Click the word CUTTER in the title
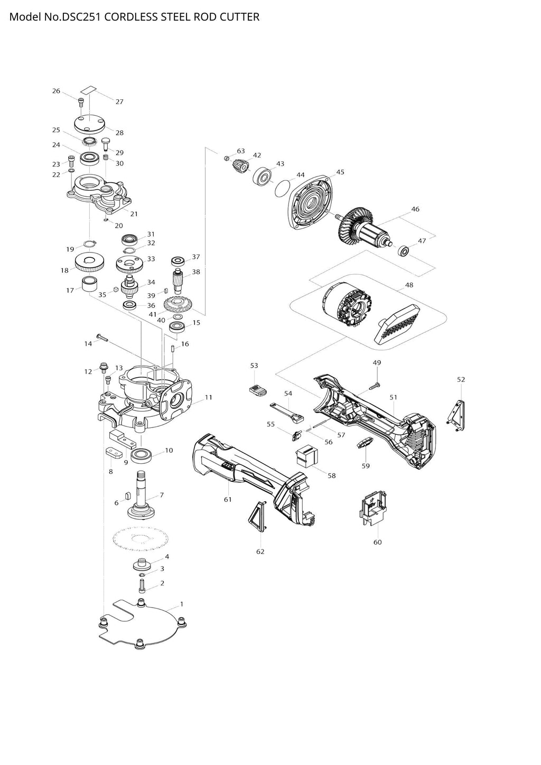coord(241,17)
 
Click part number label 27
coord(119,101)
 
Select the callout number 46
coord(415,209)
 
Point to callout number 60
coord(377,542)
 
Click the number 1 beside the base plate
coord(182,603)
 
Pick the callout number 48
coord(409,285)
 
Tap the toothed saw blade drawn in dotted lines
coord(141,539)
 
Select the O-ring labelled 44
coord(283,187)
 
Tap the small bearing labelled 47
coord(405,250)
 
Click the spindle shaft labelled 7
coord(142,494)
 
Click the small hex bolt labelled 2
coord(142,585)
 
